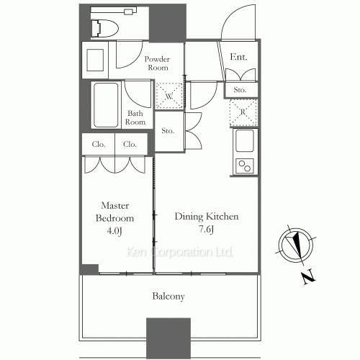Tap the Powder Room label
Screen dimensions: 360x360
click(156, 63)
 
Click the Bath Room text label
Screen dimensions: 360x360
click(136, 117)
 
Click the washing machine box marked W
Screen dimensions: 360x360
click(168, 95)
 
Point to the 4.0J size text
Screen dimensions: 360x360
click(115, 231)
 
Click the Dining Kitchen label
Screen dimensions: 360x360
click(207, 217)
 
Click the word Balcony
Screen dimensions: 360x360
click(168, 296)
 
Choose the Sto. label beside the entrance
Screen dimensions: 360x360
click(239, 90)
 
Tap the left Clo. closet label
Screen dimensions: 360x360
click(99, 144)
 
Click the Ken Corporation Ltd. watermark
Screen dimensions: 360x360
click(179, 253)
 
